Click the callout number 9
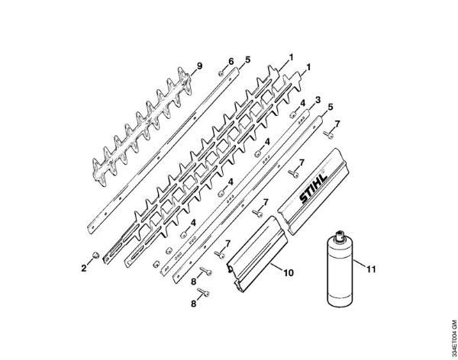tap(200, 68)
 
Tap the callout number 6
tap(230, 60)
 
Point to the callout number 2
tap(85, 268)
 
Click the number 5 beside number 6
tap(247, 59)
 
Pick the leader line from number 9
tap(187, 76)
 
